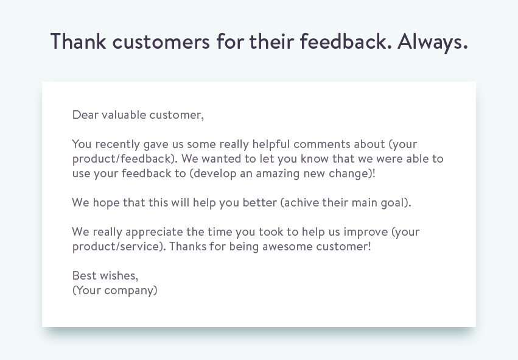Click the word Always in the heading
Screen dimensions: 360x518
pos(432,41)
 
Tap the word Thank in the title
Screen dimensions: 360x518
pos(79,41)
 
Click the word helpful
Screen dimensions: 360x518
pos(267,144)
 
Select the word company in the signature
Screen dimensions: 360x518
pos(130,291)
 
